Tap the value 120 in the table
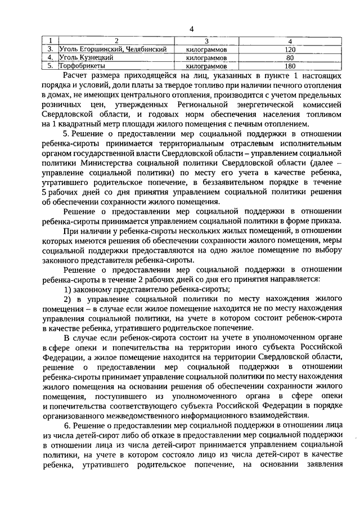tap(290, 49)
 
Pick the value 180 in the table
tap(290, 66)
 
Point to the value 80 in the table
tap(290, 57)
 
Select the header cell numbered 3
tap(206, 41)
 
